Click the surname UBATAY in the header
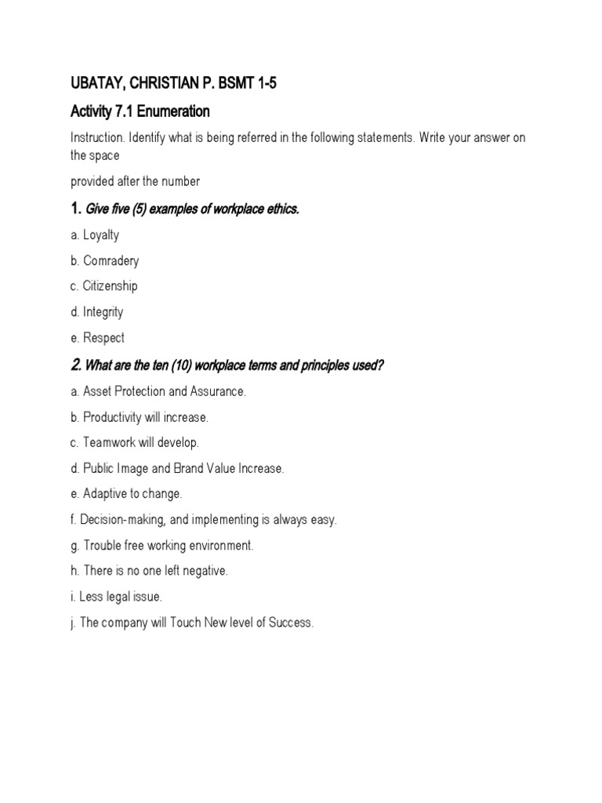(x=98, y=85)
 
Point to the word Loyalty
(x=101, y=234)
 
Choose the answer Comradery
(x=111, y=260)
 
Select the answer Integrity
(x=103, y=312)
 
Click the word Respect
(x=103, y=338)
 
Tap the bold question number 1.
(x=75, y=209)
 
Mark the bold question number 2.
(x=75, y=365)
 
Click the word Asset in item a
(x=98, y=391)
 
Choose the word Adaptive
(x=105, y=494)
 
